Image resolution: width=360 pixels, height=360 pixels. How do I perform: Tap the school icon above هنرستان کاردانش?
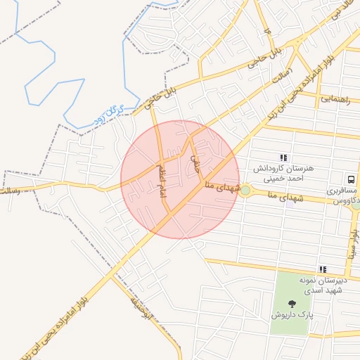point(283,158)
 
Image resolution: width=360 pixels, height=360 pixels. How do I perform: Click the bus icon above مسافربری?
point(349,179)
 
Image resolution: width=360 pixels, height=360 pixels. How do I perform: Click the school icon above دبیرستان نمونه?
point(323,269)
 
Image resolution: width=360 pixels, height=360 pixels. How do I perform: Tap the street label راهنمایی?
point(335,100)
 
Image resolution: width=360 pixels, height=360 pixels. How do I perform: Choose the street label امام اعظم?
point(162,181)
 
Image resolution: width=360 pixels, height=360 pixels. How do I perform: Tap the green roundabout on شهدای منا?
point(245,191)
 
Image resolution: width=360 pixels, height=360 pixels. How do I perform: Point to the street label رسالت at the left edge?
point(10,190)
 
